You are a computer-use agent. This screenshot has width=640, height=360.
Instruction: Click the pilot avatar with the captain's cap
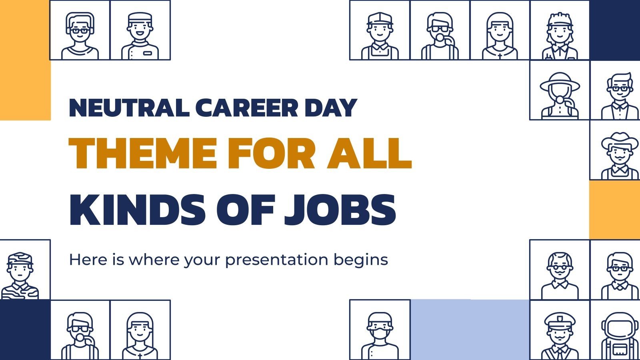pyautogui.click(x=560, y=334)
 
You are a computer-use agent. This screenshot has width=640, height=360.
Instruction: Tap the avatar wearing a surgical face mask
pyautogui.click(x=380, y=334)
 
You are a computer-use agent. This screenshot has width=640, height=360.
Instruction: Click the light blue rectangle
pyautogui.click(x=470, y=329)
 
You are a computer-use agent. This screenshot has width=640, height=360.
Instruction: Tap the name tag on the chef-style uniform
pyautogui.click(x=147, y=53)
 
